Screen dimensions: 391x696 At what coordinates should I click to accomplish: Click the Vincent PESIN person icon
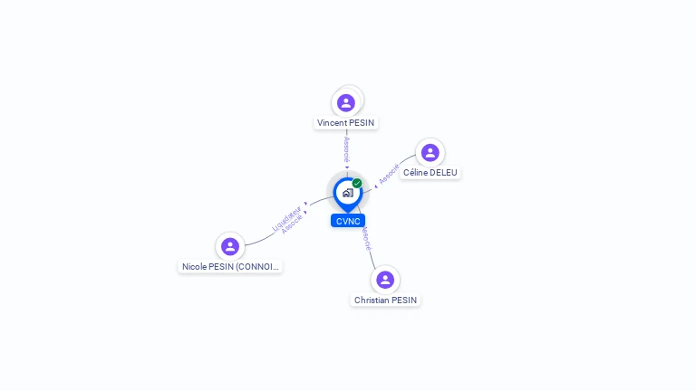346,102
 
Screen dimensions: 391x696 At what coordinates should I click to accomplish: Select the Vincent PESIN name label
346,123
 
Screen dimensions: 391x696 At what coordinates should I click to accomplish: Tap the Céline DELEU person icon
430,153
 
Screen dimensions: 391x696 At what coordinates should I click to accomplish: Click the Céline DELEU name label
431,173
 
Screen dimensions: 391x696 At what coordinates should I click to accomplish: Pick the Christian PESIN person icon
385,280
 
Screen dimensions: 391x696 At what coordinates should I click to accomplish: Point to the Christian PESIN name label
386,300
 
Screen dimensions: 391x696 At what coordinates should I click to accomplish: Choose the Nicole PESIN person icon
230,246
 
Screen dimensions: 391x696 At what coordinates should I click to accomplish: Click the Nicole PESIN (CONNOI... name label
231,267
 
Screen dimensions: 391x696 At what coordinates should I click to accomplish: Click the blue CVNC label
348,221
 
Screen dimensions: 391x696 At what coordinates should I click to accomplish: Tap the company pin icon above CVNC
347,193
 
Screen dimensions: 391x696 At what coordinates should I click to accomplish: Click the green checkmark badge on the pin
357,183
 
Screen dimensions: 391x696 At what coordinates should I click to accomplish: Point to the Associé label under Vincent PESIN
346,149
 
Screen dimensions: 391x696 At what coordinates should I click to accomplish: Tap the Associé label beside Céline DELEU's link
389,174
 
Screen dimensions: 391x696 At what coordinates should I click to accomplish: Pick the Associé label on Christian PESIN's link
365,238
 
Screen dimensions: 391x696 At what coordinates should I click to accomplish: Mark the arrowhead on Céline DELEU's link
375,186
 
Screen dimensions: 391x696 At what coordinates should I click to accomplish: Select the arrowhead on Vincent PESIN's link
346,167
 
